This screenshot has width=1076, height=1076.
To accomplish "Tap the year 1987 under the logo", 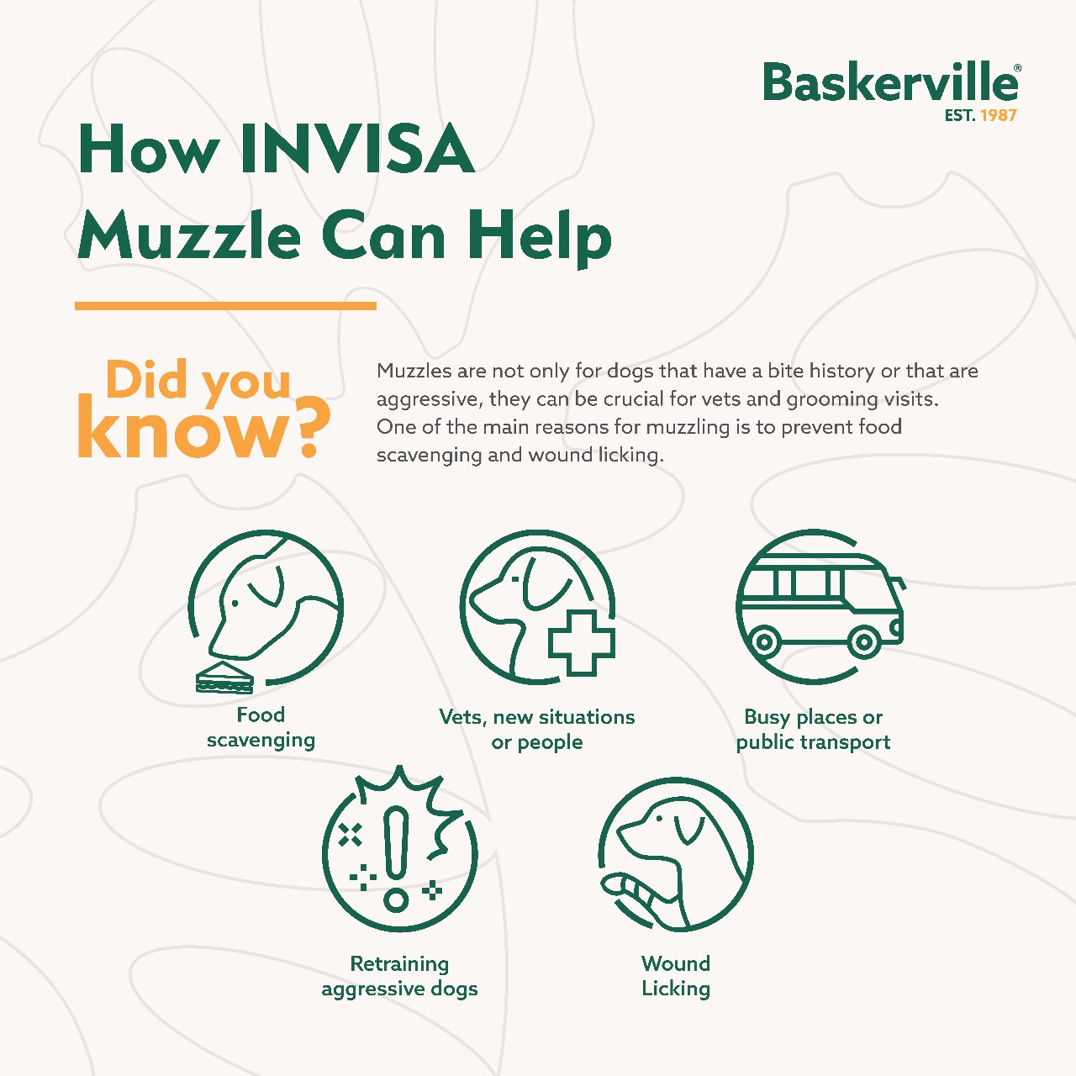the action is [x=999, y=115].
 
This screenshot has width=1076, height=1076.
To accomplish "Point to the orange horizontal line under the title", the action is [x=225, y=305].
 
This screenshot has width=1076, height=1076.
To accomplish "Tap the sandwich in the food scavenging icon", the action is [x=224, y=678].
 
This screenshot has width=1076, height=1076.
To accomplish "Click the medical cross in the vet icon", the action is [x=581, y=643].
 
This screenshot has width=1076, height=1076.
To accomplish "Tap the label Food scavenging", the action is [x=261, y=728].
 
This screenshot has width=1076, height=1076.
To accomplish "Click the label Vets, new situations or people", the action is [x=536, y=730].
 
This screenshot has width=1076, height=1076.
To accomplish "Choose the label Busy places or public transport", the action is [x=813, y=730].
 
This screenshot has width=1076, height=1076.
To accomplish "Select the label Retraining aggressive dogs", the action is [x=399, y=976].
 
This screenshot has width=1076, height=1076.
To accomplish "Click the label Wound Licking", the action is [x=676, y=975].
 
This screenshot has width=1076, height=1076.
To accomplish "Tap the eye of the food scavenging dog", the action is [x=235, y=604].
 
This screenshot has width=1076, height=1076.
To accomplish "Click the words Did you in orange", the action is [x=198, y=381].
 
